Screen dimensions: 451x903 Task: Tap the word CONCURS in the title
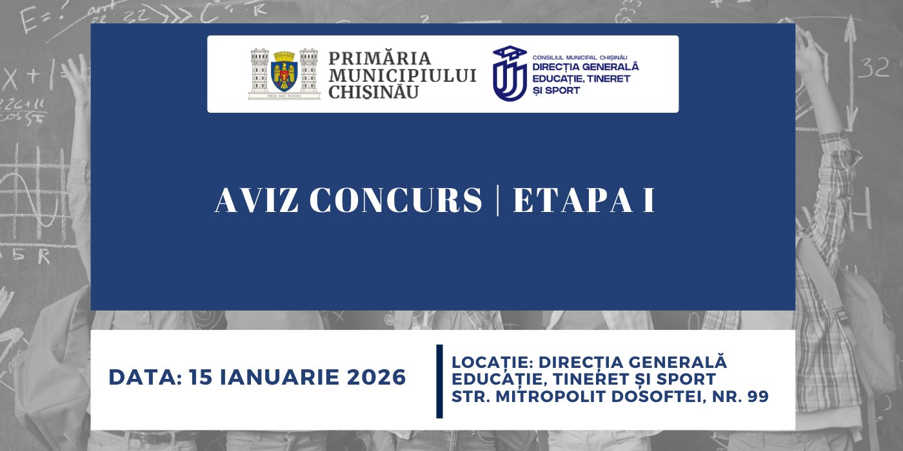[x=395, y=200]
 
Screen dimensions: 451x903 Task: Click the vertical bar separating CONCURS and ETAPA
[x=497, y=200]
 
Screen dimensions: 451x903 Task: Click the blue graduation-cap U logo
[x=510, y=73]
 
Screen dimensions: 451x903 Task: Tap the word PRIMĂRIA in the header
[x=380, y=59]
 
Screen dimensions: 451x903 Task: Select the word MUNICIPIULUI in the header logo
[x=402, y=75]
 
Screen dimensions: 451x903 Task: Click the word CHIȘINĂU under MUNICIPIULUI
[x=373, y=92]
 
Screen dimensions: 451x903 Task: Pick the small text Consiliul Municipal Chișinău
[x=580, y=57]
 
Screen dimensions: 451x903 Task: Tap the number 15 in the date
[x=201, y=378]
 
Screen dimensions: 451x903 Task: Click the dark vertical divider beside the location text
[x=440, y=381]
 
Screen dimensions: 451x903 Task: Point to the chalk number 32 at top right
[x=874, y=66]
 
